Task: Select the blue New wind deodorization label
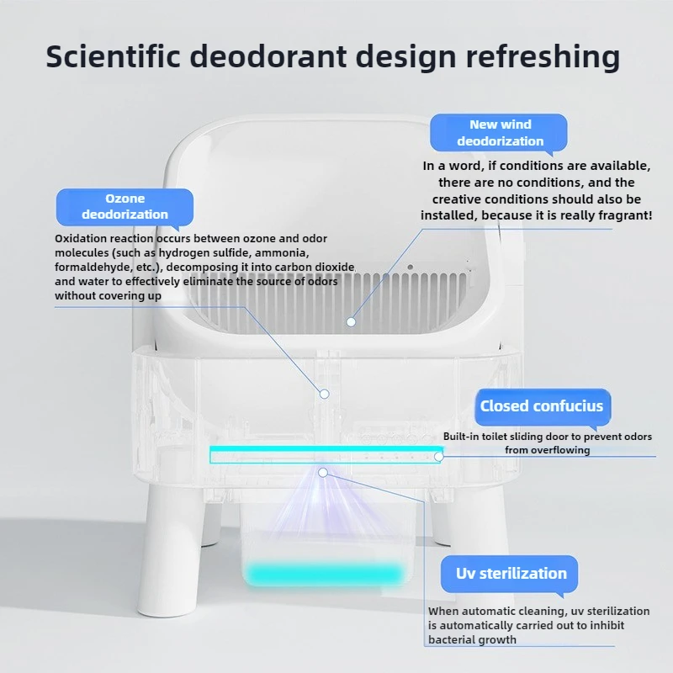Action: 500,133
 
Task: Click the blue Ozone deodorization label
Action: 125,206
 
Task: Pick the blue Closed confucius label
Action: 541,406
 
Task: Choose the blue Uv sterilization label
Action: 511,574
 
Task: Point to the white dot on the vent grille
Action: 352,321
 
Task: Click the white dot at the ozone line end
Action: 324,393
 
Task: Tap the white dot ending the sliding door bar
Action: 438,456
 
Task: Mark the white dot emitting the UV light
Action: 321,473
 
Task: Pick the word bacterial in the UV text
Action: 456,640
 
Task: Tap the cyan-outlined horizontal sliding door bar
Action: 324,455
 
